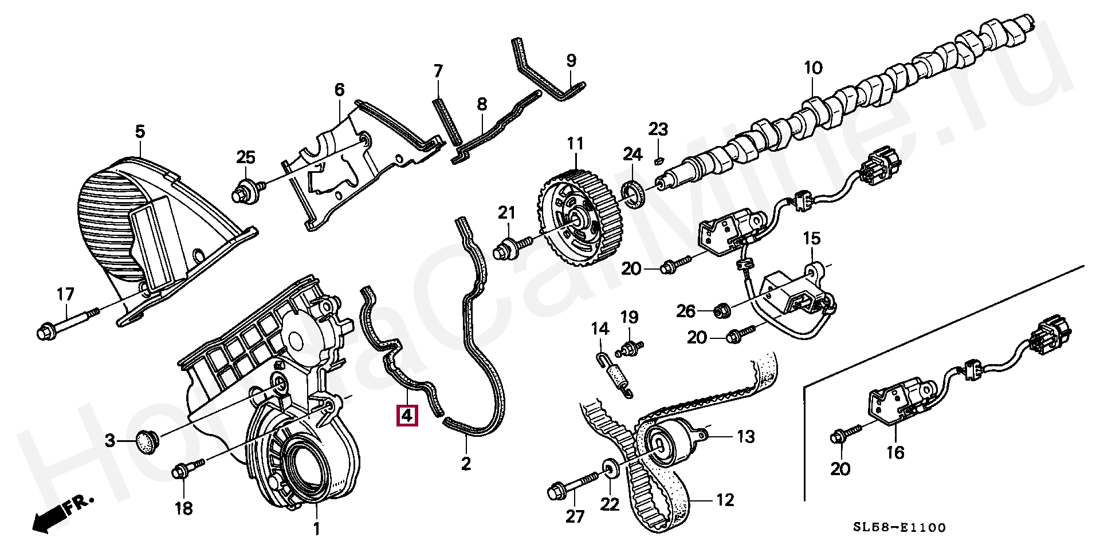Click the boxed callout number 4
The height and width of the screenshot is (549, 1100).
[x=406, y=416]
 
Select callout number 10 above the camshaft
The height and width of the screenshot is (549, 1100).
[x=813, y=68]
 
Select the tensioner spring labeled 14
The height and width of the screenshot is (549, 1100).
[x=612, y=375]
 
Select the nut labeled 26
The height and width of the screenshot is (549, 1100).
[x=722, y=310]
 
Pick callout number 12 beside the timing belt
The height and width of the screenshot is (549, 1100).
[x=725, y=500]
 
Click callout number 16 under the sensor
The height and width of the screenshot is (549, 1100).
[x=895, y=453]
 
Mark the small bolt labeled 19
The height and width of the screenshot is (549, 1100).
[x=631, y=346]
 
